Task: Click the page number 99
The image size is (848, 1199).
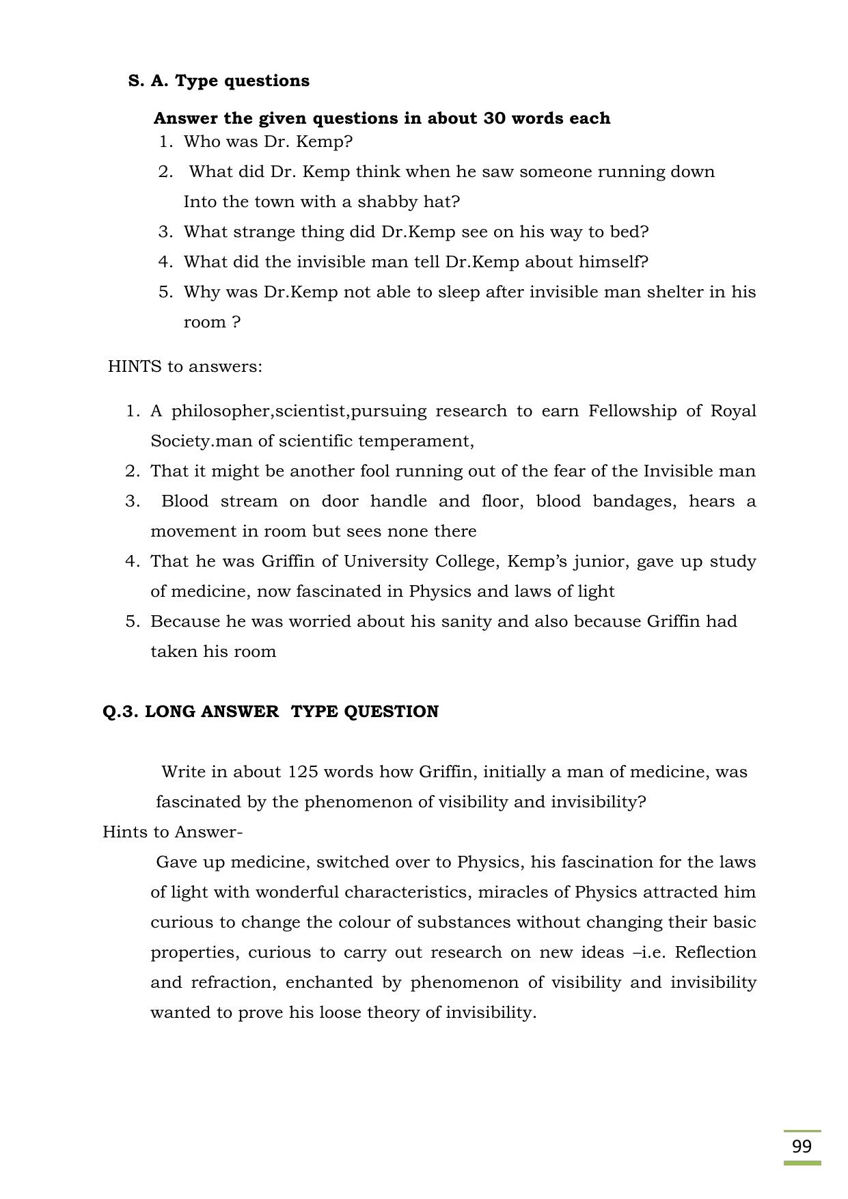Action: click(x=802, y=1146)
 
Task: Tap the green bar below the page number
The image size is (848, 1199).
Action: click(x=802, y=1163)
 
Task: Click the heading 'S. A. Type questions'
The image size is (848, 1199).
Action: click(x=219, y=81)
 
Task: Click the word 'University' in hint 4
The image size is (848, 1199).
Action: click(x=386, y=561)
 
